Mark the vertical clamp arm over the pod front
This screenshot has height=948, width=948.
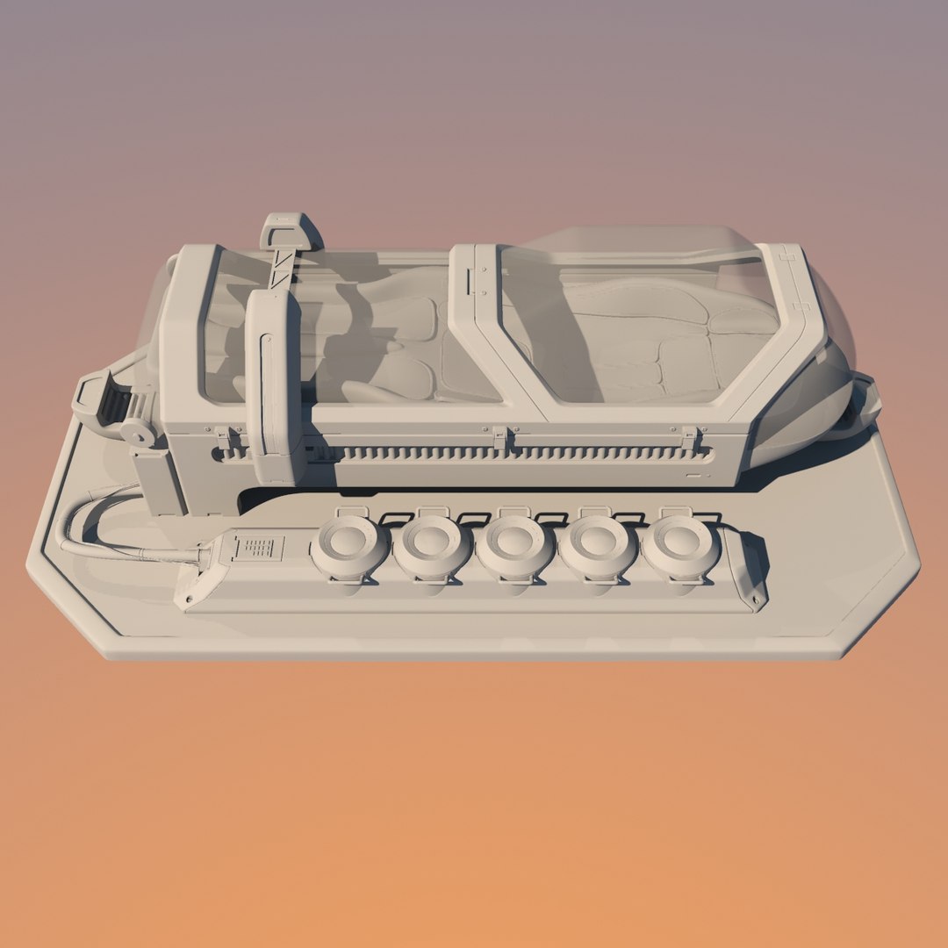pyautogui.click(x=274, y=386)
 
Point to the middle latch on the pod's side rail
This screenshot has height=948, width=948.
pyautogui.click(x=500, y=436)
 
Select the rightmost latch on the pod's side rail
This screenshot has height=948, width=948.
pyautogui.click(x=691, y=436)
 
